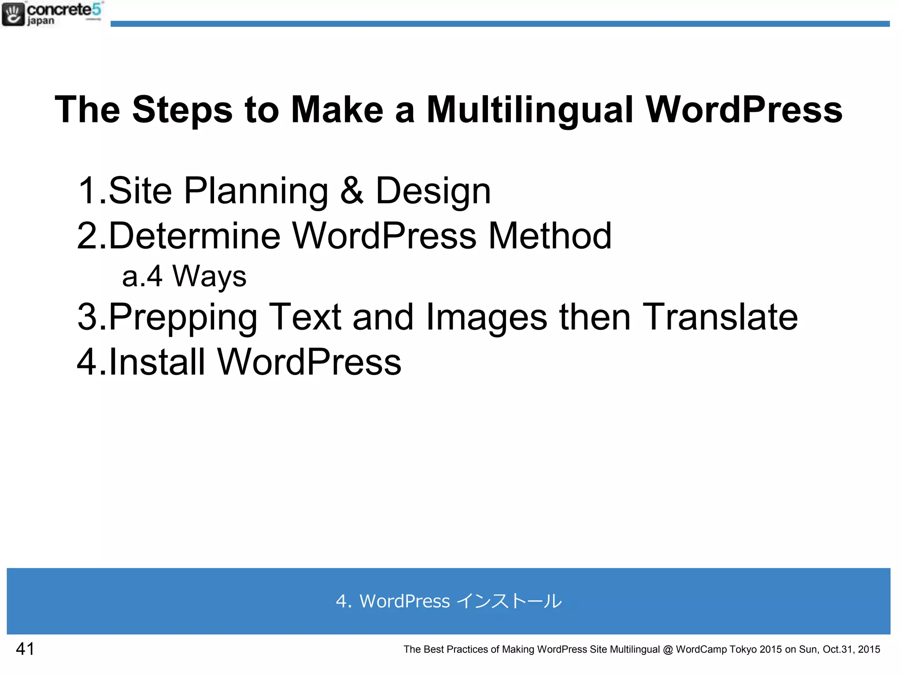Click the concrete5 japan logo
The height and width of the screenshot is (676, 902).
(x=52, y=14)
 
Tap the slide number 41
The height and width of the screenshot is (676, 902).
(x=25, y=649)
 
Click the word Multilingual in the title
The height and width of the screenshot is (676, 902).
(x=530, y=110)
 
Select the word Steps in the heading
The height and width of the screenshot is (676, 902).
(x=182, y=110)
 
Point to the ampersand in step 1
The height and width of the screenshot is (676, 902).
(x=352, y=191)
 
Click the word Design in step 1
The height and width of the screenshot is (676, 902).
(x=433, y=191)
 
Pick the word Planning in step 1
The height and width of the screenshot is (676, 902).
(x=256, y=191)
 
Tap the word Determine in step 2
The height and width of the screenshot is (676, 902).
(x=194, y=236)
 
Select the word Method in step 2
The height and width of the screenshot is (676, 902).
(x=550, y=236)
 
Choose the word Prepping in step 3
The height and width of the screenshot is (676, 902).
(x=183, y=317)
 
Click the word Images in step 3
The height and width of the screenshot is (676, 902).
(x=486, y=317)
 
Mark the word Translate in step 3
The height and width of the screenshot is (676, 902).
(x=720, y=317)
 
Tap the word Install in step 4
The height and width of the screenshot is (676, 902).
(x=157, y=362)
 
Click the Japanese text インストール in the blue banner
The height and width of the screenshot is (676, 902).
(x=509, y=601)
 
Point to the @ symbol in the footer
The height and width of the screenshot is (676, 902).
(x=668, y=650)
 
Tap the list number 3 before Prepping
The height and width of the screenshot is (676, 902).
(x=87, y=317)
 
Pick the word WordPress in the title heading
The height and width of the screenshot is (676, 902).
(x=744, y=110)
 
